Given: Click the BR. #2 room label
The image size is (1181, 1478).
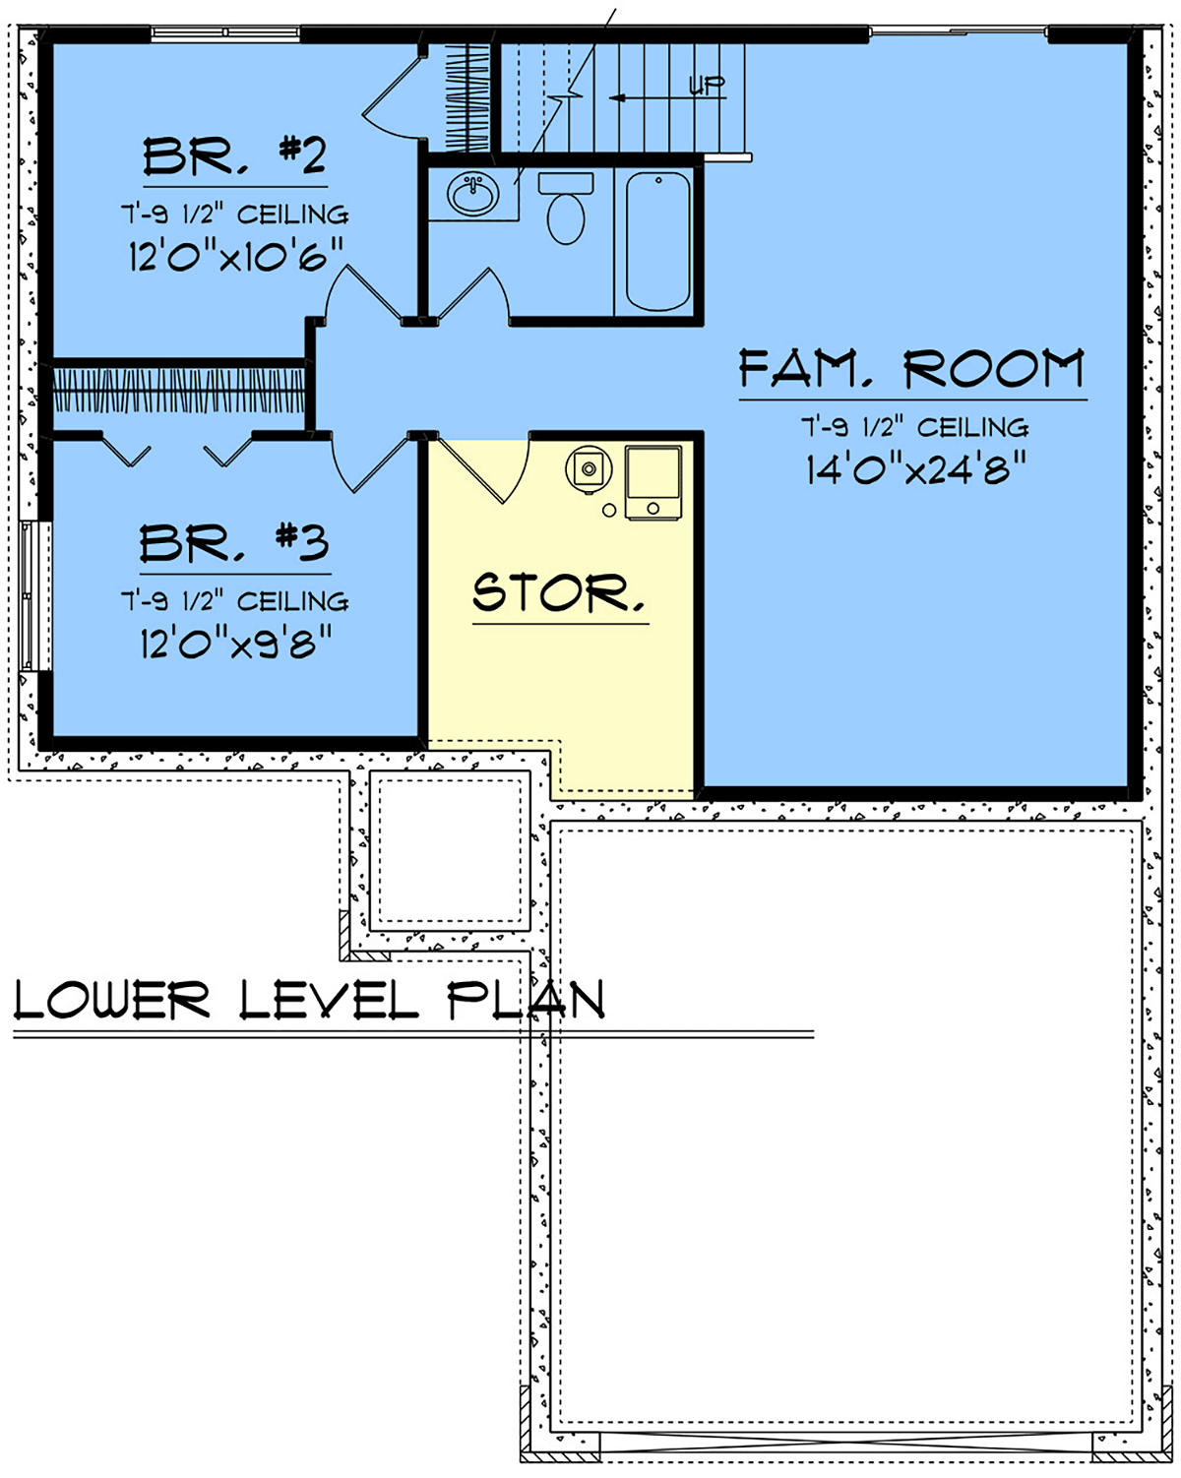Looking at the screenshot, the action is pos(234,155).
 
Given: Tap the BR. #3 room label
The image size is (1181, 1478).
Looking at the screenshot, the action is pos(234,543).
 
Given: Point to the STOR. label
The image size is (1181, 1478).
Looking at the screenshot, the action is pos(559,592).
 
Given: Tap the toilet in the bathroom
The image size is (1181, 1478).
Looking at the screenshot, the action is pos(566,208).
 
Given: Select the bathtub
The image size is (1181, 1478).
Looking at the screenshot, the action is pos(657,242).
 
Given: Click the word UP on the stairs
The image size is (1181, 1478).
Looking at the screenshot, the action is pos(707,85).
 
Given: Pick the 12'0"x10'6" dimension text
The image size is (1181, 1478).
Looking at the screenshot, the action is pos(235,256).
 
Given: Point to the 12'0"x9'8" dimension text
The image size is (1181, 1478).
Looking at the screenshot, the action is pos(235,644).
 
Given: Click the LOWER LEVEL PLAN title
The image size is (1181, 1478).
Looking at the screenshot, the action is pos(309,999).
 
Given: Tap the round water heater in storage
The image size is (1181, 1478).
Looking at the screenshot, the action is pos(589,469).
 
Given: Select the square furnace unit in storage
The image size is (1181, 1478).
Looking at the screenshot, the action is pos(653,482).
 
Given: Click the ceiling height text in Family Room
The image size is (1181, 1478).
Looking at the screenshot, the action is pos(914,427).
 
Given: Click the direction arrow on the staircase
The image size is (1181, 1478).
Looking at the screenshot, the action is pos(667,98).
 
